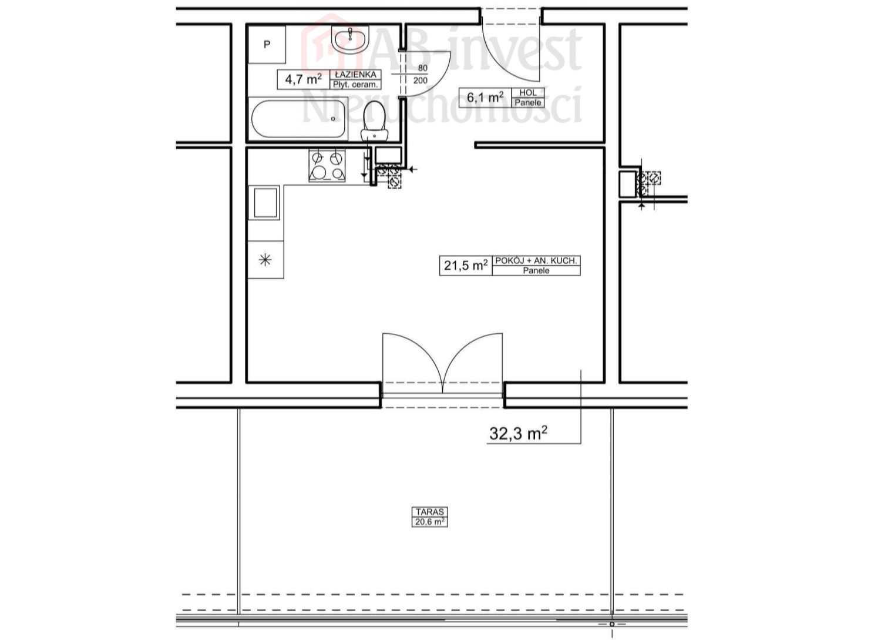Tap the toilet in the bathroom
tap(375, 121)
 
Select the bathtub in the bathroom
tap(298, 119)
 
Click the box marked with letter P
tap(267, 45)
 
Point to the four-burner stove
tap(327, 165)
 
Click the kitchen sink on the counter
tap(265, 203)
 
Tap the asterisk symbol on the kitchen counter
tap(265, 259)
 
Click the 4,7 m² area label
tap(303, 79)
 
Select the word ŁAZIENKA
tap(355, 75)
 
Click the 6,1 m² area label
tap(485, 97)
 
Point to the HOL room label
tap(528, 93)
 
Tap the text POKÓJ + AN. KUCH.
tap(536, 260)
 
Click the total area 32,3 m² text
tap(519, 433)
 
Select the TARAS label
tap(430, 512)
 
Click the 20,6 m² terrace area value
tap(430, 521)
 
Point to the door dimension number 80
tap(422, 68)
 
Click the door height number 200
tap(421, 81)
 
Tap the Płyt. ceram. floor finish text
tap(355, 84)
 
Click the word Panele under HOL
tap(528, 103)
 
